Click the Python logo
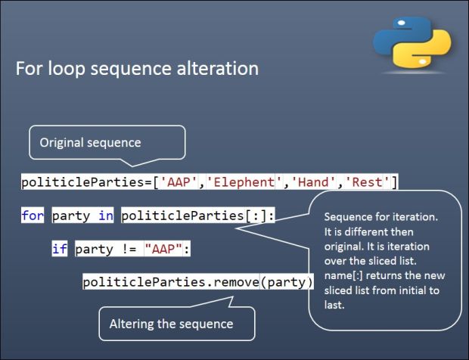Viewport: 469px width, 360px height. pyautogui.click(x=412, y=42)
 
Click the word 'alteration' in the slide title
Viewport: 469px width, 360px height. pyautogui.click(x=217, y=68)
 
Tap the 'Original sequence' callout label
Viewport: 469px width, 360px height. pyautogui.click(x=90, y=143)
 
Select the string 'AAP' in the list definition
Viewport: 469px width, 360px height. pyautogui.click(x=179, y=182)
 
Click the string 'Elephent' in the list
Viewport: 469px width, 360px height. pyautogui.click(x=241, y=182)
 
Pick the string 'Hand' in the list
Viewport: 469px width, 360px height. pyautogui.click(x=313, y=182)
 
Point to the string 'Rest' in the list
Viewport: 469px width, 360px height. pyautogui.click(x=368, y=182)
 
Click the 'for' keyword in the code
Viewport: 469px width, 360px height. pyautogui.click(x=33, y=216)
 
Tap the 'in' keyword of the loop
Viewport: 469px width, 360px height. pyautogui.click(x=106, y=216)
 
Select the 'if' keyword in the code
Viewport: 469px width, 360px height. pyautogui.click(x=60, y=249)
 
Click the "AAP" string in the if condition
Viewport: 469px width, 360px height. pyautogui.click(x=163, y=249)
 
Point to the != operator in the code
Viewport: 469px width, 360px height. pyautogui.click(x=129, y=249)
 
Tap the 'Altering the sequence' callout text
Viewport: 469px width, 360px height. pyautogui.click(x=171, y=324)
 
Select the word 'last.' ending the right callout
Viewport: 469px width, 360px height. pyautogui.click(x=334, y=305)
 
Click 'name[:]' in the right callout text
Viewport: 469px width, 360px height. pyautogui.click(x=343, y=275)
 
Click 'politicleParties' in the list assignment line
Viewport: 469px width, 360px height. pyautogui.click(x=83, y=182)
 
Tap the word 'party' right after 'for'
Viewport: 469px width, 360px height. pyautogui.click(x=71, y=216)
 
